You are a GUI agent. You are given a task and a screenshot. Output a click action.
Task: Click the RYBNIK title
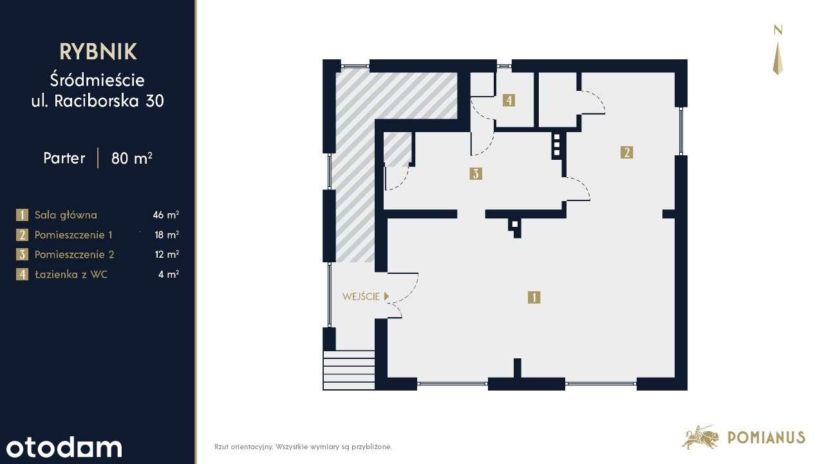98,52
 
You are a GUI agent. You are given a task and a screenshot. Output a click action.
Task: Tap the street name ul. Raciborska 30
98,101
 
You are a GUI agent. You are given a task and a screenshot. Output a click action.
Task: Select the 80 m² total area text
131,158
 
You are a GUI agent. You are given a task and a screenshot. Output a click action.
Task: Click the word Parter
64,158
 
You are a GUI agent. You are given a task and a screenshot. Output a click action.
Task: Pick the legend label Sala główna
66,215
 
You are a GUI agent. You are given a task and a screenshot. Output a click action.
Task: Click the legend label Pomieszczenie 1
73,235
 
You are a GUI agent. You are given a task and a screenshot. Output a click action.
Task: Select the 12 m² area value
167,255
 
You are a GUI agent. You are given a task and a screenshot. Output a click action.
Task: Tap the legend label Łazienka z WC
71,275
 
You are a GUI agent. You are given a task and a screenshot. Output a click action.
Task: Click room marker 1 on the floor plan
534,297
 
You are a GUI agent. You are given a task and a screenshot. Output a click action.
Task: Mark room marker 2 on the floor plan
626,152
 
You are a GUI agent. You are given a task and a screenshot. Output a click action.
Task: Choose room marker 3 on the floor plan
476,173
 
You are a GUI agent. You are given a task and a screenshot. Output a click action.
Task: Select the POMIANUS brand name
766,438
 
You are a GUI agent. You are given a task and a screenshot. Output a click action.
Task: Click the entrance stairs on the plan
349,370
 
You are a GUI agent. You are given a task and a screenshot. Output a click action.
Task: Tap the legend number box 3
23,255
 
